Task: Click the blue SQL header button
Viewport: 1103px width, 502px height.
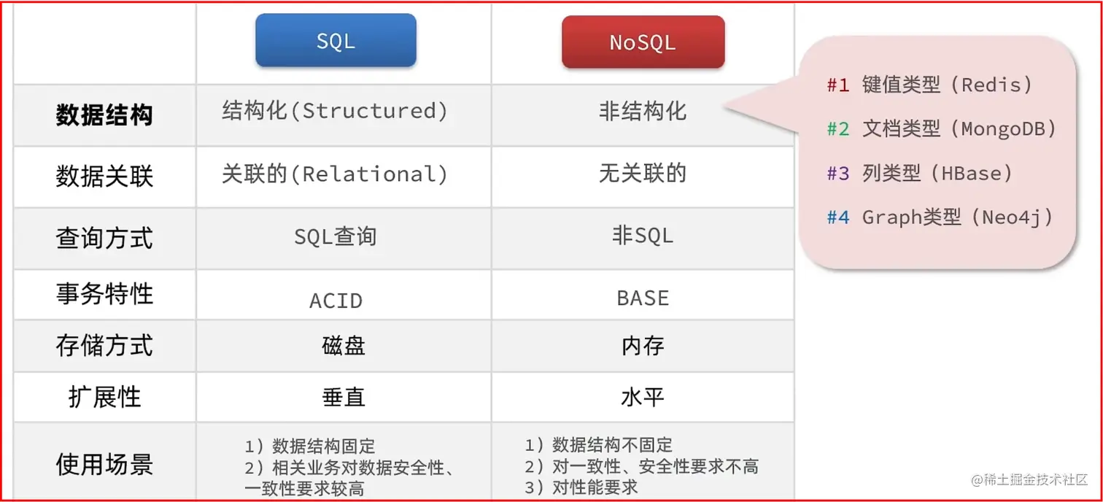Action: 336,40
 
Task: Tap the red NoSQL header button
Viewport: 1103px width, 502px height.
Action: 643,42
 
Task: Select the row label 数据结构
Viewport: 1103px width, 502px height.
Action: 104,115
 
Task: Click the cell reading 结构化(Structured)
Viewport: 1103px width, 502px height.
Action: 335,110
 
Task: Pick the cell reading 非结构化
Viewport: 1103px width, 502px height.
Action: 643,111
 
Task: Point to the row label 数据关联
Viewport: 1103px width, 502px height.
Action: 104,176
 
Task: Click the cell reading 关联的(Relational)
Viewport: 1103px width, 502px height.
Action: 335,174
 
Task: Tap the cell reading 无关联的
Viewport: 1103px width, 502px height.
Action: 643,174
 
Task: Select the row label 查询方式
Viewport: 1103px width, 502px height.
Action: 104,238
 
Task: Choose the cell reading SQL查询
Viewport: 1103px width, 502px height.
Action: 336,236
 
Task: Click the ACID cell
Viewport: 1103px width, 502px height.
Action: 336,301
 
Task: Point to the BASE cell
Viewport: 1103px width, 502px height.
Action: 643,298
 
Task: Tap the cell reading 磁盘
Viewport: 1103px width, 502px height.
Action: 344,346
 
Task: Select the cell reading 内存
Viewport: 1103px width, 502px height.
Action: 643,346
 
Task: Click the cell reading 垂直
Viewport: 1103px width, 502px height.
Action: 344,397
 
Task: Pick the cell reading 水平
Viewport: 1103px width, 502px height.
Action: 643,397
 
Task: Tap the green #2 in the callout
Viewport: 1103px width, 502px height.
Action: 838,129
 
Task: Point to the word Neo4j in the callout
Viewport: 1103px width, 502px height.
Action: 1012,217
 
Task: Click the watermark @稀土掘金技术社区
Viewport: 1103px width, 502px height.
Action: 1029,479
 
